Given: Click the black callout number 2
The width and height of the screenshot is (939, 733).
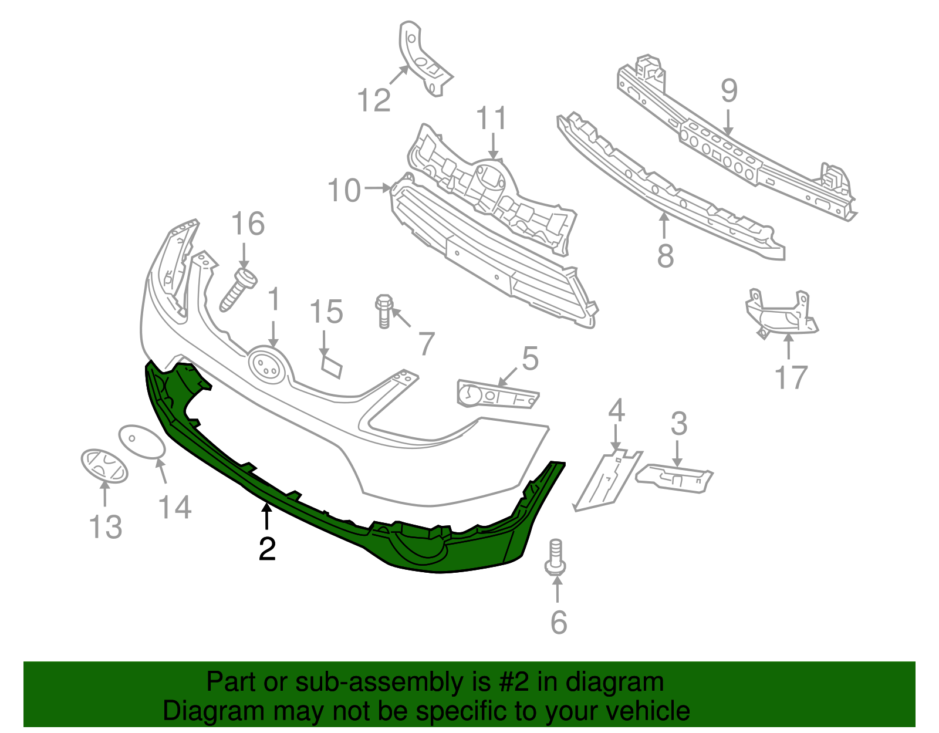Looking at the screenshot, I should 267,549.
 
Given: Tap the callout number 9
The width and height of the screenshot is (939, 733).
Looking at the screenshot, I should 728,92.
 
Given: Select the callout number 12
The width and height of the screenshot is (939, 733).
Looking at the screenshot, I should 374,100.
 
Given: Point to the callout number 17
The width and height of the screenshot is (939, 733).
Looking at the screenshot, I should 791,377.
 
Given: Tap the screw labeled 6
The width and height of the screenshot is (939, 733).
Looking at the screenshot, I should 555,558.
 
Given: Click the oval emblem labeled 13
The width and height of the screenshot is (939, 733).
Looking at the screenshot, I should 104,466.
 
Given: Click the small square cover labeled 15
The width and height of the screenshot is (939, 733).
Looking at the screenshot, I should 332,364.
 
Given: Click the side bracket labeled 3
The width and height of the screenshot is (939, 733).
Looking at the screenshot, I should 675,477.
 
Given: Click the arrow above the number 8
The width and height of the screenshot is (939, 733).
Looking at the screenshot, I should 664,226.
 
